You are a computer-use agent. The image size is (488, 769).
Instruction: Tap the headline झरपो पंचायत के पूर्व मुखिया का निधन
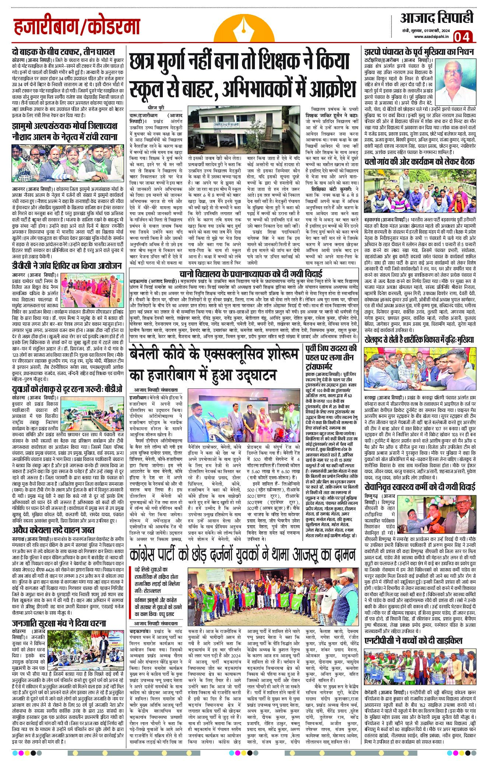[419, 51]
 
